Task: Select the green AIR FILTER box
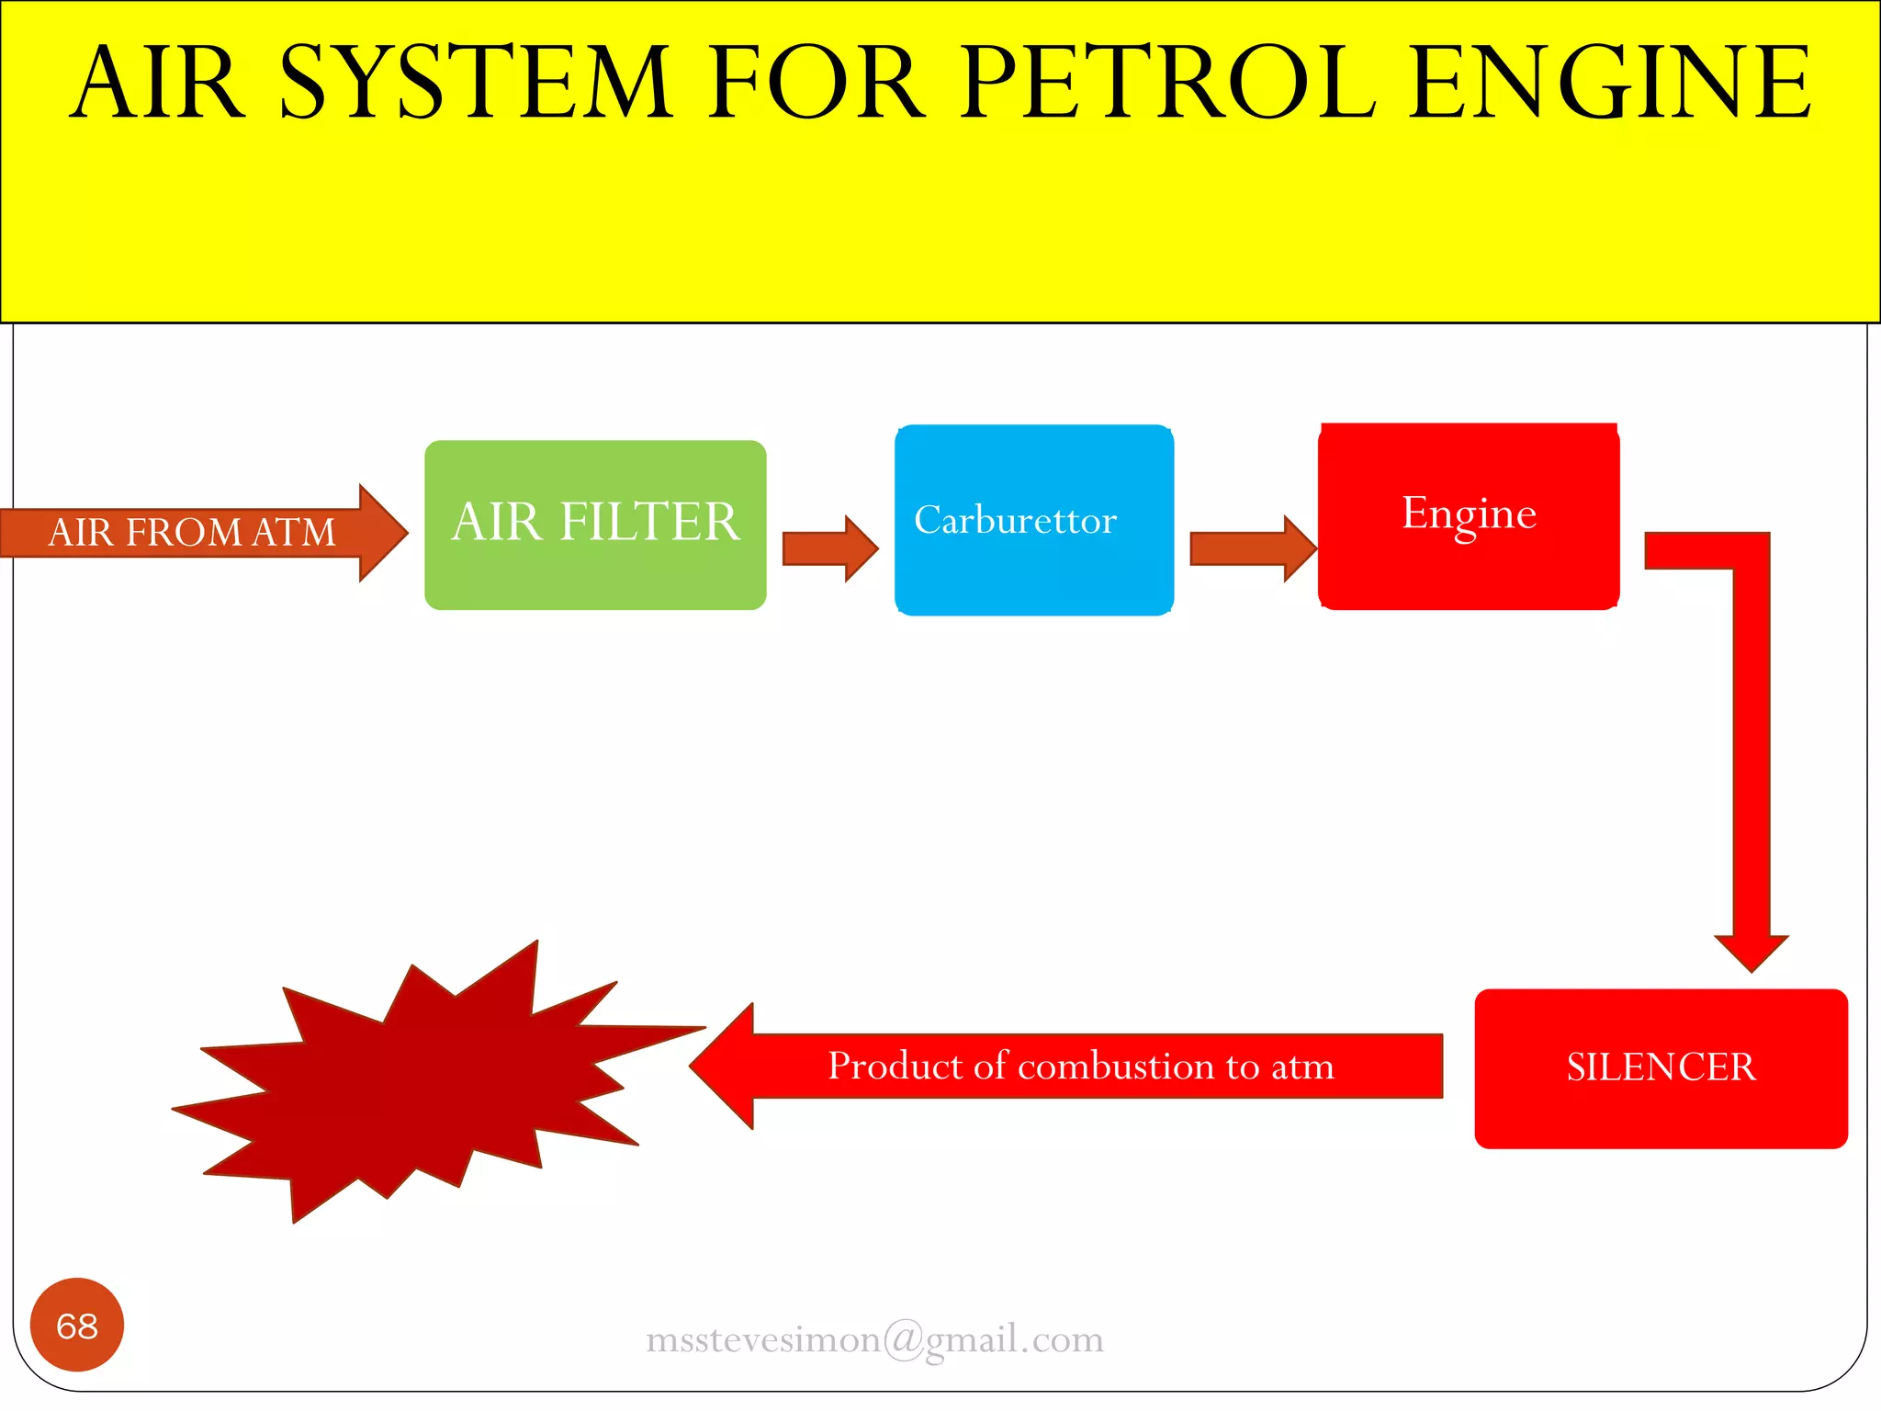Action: (595, 525)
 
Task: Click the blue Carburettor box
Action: (1034, 520)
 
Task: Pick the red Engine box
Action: (1469, 515)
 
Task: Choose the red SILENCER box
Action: (1661, 1067)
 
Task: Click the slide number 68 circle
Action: (77, 1325)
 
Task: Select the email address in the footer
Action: (874, 1339)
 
